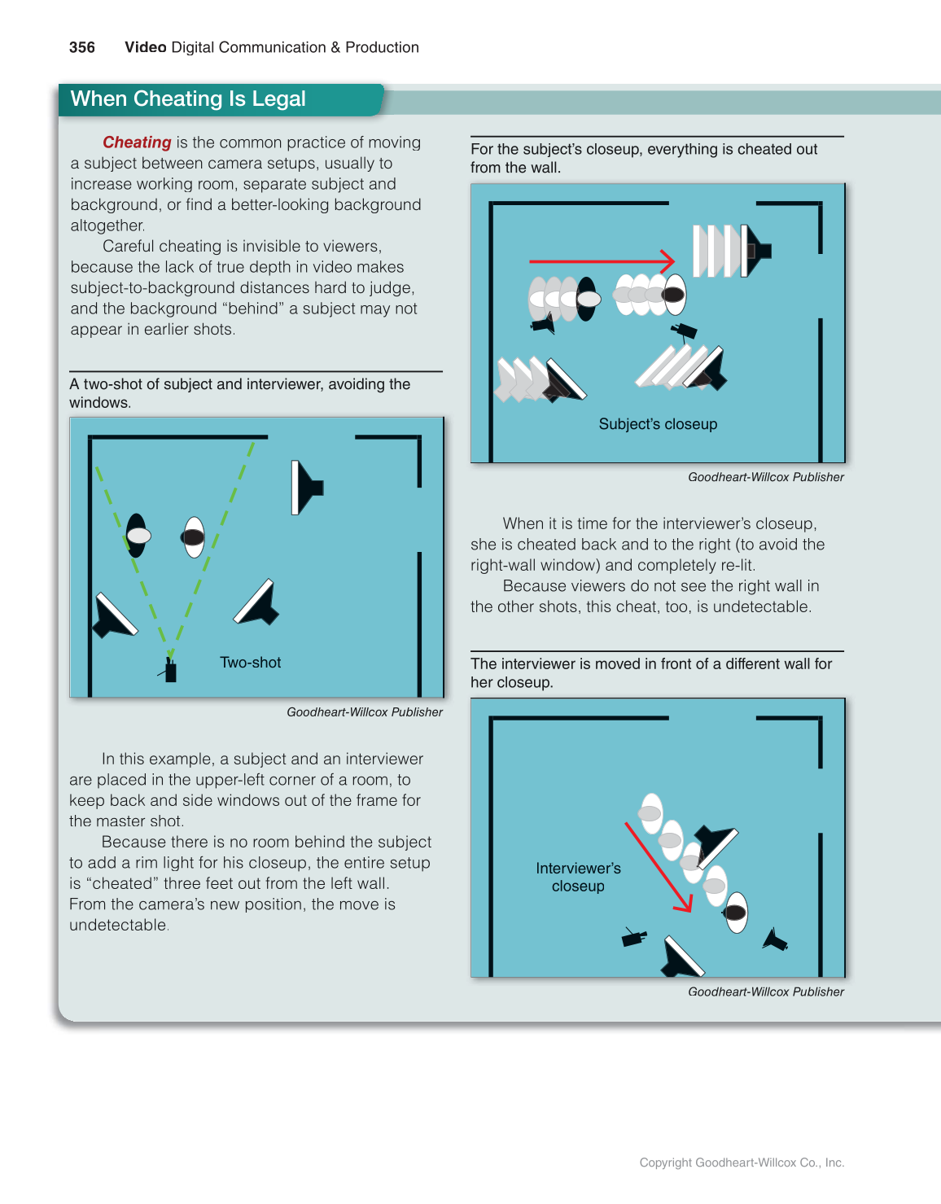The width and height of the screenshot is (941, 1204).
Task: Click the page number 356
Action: point(81,47)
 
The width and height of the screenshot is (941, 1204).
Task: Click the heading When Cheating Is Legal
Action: point(188,99)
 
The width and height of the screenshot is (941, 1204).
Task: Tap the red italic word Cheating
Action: point(137,142)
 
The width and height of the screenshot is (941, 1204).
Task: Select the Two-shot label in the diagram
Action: point(250,663)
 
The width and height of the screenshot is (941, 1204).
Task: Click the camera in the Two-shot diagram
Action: point(170,671)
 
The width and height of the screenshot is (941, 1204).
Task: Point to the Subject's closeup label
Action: point(658,424)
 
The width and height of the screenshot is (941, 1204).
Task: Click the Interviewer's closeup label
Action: point(578,878)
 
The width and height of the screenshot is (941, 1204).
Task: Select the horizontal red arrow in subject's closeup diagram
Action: point(602,261)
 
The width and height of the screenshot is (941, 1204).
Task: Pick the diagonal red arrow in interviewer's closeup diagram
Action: point(658,867)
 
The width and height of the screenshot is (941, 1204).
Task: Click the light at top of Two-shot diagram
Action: point(306,488)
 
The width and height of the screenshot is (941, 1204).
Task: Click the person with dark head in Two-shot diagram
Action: point(193,537)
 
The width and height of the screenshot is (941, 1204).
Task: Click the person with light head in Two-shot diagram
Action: point(137,535)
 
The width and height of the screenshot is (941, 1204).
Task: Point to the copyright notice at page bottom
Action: point(742,1162)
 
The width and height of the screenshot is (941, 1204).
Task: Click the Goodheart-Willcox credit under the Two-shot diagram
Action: point(365,712)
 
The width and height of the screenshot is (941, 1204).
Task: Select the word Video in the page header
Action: point(146,47)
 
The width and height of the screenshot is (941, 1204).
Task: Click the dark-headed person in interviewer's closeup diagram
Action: point(736,913)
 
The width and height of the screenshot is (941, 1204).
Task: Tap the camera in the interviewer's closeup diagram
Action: point(633,938)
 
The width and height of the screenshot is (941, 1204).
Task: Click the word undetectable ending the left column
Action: point(118,926)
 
